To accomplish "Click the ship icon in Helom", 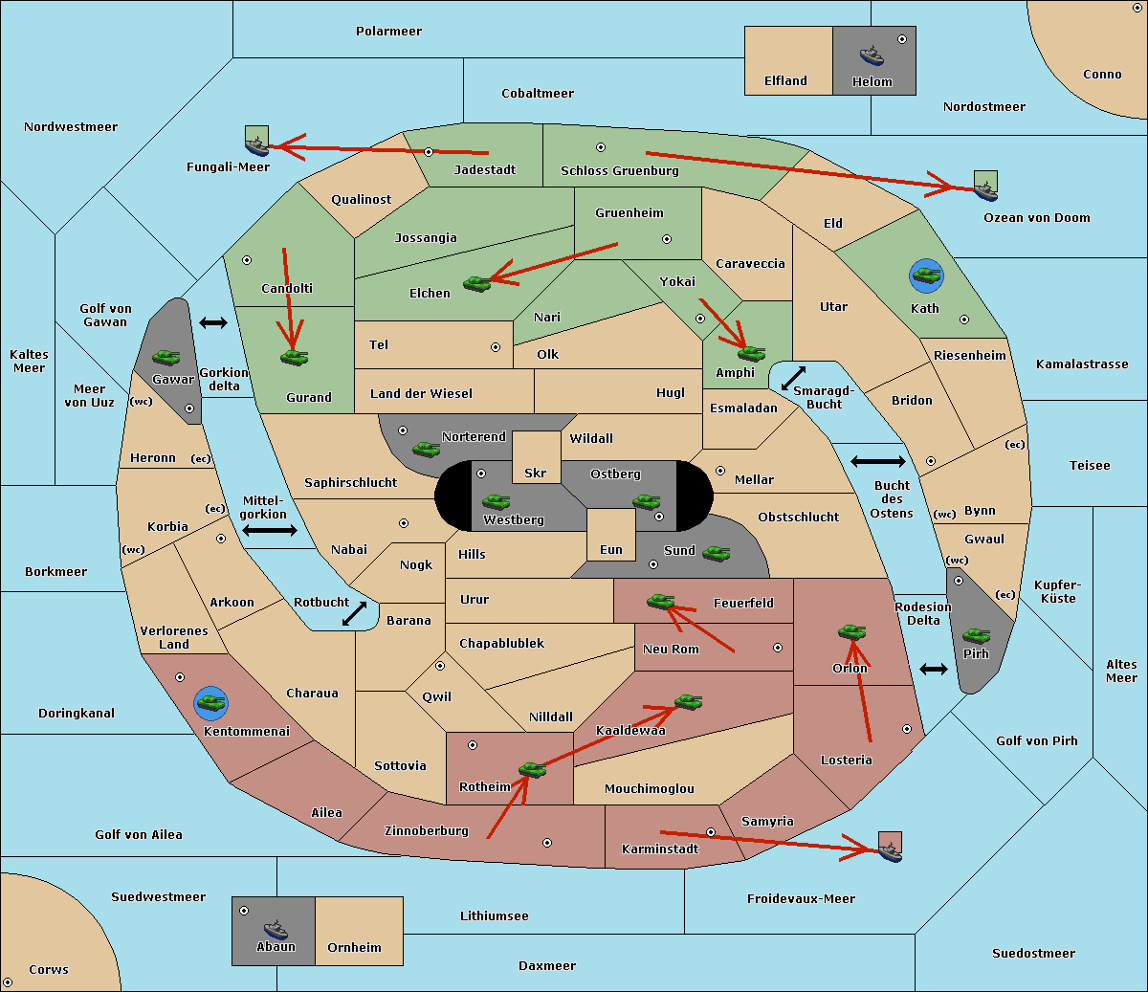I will tap(872, 55).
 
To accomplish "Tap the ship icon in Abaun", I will tap(276, 929).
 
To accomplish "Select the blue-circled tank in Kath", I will tap(926, 276).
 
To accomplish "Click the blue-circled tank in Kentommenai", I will tap(210, 703).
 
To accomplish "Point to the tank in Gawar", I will tap(166, 357).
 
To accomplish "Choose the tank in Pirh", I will tap(976, 636).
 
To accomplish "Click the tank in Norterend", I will tap(426, 449).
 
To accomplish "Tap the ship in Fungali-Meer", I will tap(256, 144).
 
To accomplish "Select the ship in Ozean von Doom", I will tap(985, 189).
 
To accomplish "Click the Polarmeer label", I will tap(388, 32).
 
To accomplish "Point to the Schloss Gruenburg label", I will tap(619, 171).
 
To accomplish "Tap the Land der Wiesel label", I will tap(421, 393).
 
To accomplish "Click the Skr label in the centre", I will tap(536, 473).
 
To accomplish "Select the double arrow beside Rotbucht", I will tap(354, 613).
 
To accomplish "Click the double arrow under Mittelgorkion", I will tap(270, 531).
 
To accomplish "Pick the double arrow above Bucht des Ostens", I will tap(877, 462).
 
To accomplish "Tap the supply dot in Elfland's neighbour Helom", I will tap(901, 39).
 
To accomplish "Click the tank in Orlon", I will tap(851, 632).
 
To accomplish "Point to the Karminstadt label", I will tap(660, 849).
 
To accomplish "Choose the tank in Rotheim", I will tap(532, 769).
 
